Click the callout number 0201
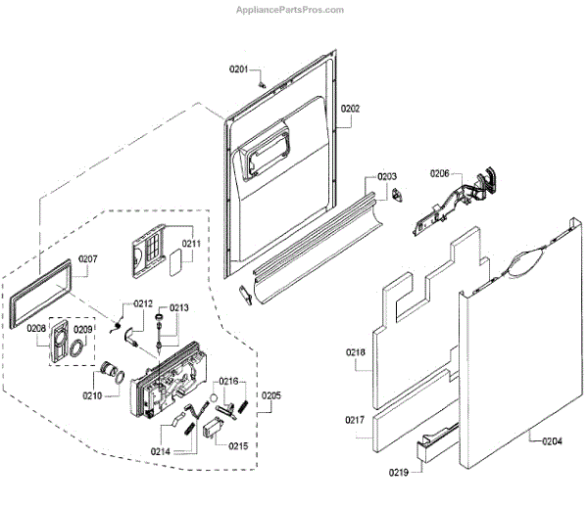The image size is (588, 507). (x=240, y=69)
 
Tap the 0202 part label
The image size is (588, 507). (x=351, y=109)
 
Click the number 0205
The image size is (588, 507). (x=270, y=395)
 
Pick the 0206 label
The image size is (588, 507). (x=439, y=173)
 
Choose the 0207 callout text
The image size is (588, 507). (x=88, y=259)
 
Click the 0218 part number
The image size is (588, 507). (x=355, y=351)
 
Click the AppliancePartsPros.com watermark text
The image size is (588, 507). (x=291, y=9)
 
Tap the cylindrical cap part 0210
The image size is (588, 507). (x=110, y=373)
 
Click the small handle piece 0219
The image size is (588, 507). (x=430, y=449)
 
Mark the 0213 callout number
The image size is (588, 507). (x=178, y=307)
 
